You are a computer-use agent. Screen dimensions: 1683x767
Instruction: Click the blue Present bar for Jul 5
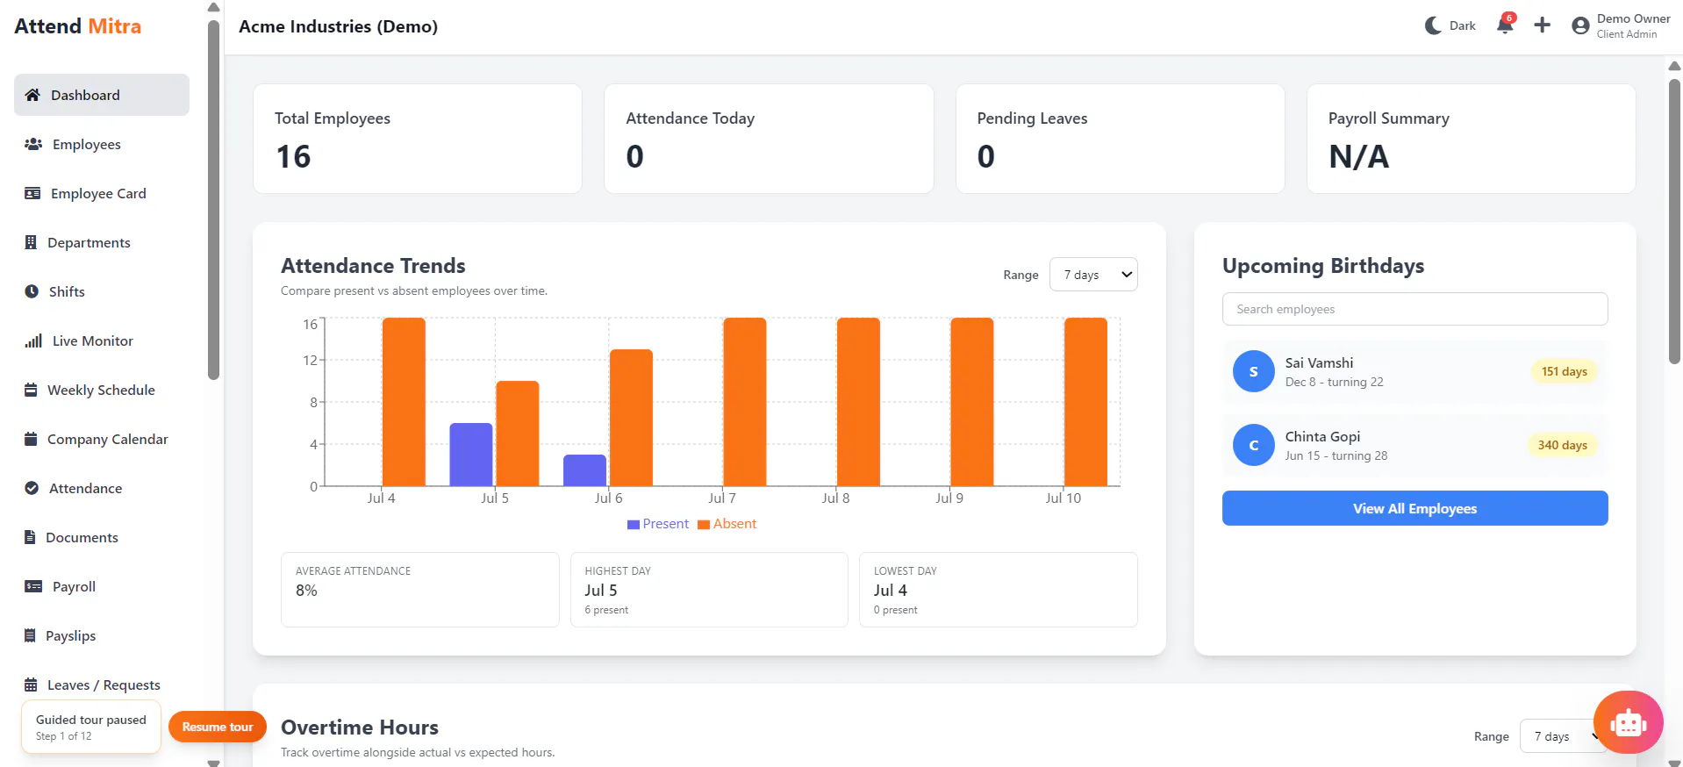[471, 455]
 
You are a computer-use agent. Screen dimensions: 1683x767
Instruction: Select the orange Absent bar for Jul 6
[631, 418]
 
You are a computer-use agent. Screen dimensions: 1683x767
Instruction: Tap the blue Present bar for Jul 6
[584, 470]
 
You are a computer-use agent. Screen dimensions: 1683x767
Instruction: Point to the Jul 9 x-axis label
[949, 498]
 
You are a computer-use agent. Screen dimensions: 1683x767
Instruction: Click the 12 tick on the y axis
[310, 360]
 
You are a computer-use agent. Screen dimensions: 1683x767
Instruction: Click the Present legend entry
[658, 524]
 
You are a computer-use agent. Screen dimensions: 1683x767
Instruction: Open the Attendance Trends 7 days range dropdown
[1093, 275]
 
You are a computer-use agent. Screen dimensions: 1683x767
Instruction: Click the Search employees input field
[1414, 309]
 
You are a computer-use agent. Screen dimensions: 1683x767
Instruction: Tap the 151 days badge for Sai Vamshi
[1564, 371]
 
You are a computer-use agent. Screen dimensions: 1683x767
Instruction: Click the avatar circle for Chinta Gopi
[1253, 445]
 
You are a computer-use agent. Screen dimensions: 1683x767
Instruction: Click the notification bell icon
[1505, 25]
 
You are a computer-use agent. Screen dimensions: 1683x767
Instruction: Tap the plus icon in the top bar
[1542, 25]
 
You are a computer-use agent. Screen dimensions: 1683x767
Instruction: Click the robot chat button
[1628, 722]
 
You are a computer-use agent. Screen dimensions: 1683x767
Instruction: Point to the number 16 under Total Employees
[293, 157]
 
